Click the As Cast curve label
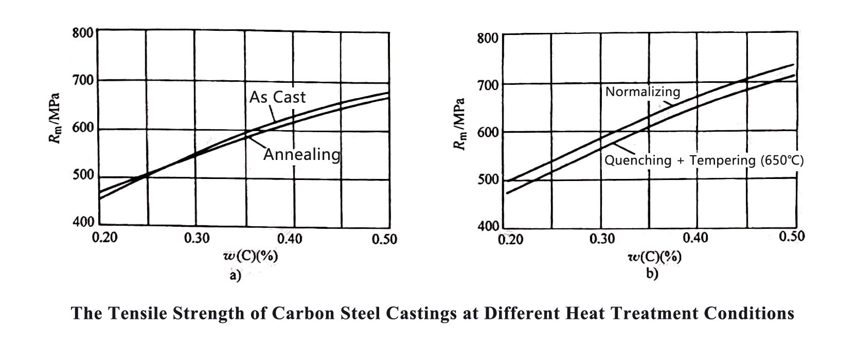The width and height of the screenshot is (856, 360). [277, 97]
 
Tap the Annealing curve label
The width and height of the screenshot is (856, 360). [302, 154]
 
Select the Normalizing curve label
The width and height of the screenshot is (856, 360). [643, 92]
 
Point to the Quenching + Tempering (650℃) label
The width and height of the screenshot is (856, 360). [704, 160]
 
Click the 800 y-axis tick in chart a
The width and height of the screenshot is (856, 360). [82, 33]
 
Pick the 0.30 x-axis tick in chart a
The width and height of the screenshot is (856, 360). [197, 238]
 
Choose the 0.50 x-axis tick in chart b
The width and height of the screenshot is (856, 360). [792, 236]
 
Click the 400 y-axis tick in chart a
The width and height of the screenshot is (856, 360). [83, 223]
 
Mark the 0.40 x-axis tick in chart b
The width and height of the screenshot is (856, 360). [695, 238]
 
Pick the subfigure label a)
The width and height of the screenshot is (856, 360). [235, 276]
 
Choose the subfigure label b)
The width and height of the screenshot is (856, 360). [652, 274]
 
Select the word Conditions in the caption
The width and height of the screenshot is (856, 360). [749, 313]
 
